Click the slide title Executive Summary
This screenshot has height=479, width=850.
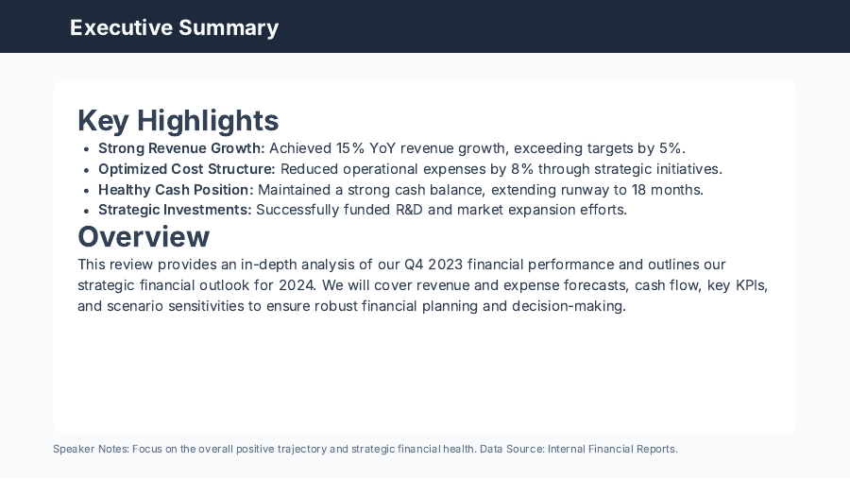pyautogui.click(x=174, y=27)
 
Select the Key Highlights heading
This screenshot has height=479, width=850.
pyautogui.click(x=178, y=121)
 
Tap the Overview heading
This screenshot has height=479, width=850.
pyautogui.click(x=144, y=236)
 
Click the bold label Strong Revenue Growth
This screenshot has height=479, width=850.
pyautogui.click(x=181, y=148)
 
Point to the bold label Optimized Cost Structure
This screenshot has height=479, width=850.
pyautogui.click(x=187, y=169)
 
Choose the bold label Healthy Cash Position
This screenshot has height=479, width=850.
pyautogui.click(x=176, y=190)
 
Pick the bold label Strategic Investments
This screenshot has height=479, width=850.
pyautogui.click(x=175, y=210)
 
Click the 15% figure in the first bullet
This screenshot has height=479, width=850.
pyautogui.click(x=351, y=148)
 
